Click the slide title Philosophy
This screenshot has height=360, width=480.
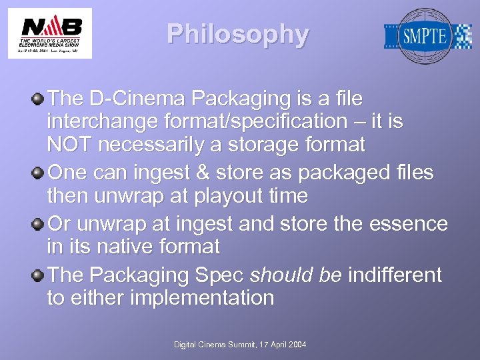point(238,34)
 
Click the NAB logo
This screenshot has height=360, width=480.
point(50,33)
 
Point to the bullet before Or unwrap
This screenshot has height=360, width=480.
point(39,224)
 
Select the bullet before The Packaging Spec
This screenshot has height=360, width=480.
point(39,275)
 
